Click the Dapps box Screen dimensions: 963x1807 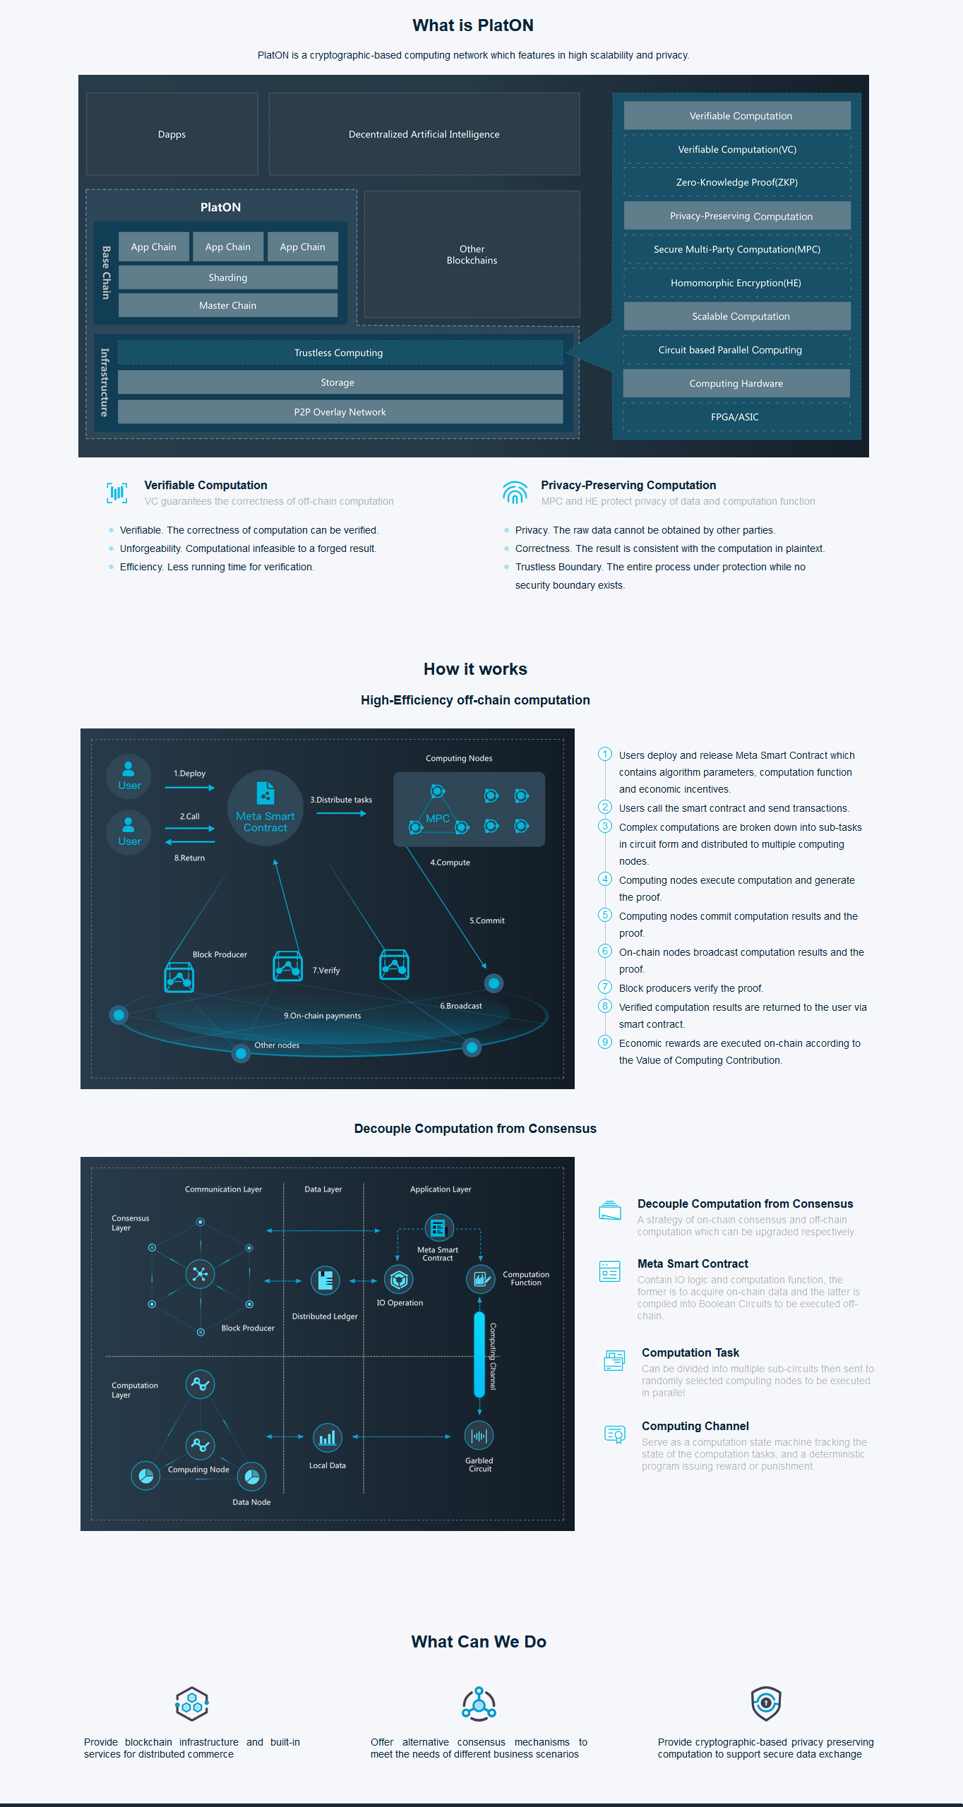(x=172, y=134)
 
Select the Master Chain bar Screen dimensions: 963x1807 (x=228, y=306)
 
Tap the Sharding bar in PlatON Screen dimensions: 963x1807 (x=228, y=277)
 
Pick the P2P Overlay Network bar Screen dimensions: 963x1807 (x=340, y=412)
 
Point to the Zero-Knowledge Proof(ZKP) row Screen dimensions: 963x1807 (x=737, y=182)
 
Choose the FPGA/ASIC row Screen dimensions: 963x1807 (x=736, y=417)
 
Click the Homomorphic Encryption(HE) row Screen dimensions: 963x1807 (x=736, y=283)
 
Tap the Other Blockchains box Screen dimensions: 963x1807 (x=472, y=254)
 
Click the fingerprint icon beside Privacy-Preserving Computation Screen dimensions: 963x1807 (x=515, y=493)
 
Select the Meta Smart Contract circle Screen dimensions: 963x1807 (x=265, y=808)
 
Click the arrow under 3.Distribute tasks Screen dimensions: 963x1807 (x=342, y=814)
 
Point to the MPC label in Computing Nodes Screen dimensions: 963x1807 (x=438, y=819)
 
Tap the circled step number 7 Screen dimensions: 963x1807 (x=605, y=987)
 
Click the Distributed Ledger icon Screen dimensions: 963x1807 (x=325, y=1280)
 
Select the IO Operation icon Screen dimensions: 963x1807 (x=399, y=1279)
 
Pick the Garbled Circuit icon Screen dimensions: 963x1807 (x=479, y=1436)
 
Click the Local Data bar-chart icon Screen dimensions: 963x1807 (x=327, y=1438)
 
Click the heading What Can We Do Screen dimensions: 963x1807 (x=479, y=1642)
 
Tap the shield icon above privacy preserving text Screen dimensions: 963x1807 (x=766, y=1703)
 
